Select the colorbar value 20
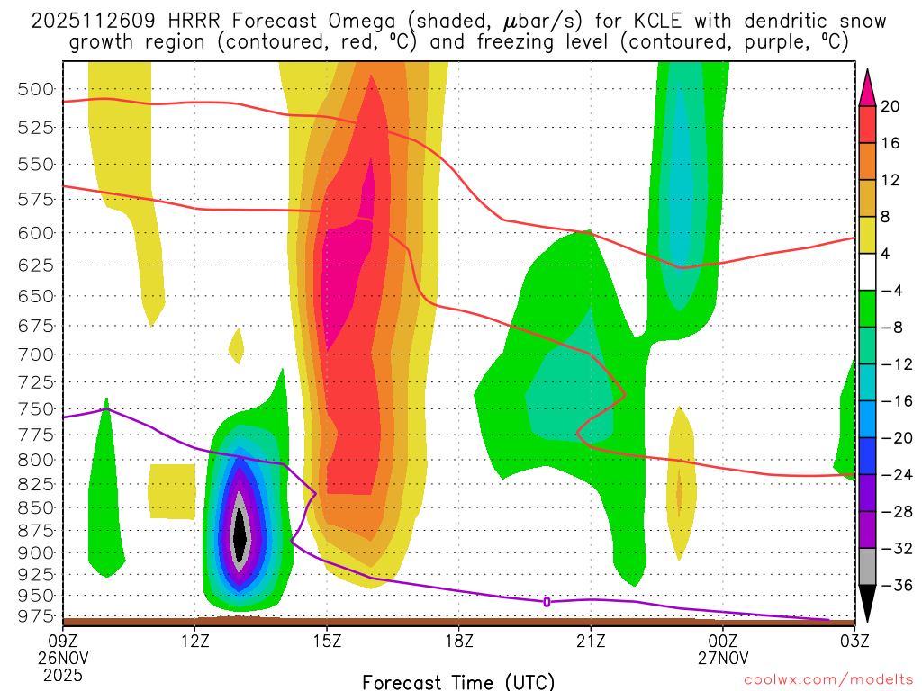(890, 106)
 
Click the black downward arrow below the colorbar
(868, 604)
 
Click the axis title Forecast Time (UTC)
(458, 681)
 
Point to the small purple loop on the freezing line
(547, 601)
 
